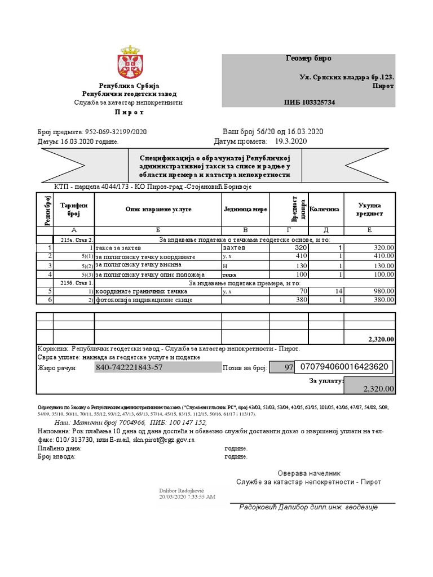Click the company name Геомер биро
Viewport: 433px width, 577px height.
click(x=309, y=59)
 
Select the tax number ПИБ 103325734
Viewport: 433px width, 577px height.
click(x=309, y=102)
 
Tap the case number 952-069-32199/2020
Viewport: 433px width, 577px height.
click(x=115, y=131)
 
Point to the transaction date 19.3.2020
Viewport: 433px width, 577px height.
click(x=290, y=141)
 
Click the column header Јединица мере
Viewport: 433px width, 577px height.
click(x=245, y=209)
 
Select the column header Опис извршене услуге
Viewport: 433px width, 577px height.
click(x=158, y=209)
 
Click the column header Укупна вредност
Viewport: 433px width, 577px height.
click(x=369, y=209)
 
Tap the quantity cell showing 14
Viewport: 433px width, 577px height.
click(x=339, y=291)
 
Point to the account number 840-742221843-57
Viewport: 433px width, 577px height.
click(x=130, y=367)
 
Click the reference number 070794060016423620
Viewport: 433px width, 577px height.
click(x=343, y=367)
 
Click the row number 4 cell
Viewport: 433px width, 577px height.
click(x=45, y=274)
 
